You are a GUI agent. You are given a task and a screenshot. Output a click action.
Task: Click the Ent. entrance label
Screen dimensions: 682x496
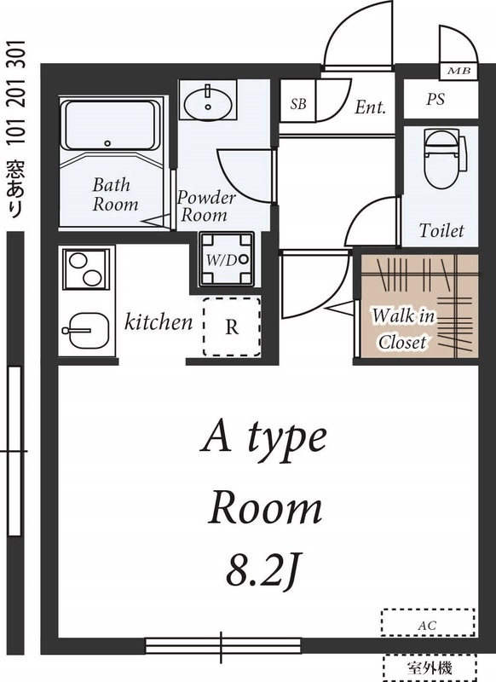(371, 107)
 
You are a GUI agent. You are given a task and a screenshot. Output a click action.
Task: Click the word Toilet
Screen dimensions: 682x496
(441, 230)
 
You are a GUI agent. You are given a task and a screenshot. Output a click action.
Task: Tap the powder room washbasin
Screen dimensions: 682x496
(206, 104)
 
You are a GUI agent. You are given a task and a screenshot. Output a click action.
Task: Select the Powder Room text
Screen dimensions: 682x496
(206, 206)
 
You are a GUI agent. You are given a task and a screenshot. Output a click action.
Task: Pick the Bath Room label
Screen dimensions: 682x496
(115, 194)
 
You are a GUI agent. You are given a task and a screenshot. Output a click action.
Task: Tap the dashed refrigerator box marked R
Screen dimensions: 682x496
(231, 327)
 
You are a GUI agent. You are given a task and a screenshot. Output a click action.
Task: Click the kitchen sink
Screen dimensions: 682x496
(84, 327)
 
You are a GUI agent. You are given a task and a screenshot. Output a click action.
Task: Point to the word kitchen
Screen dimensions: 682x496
(159, 322)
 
